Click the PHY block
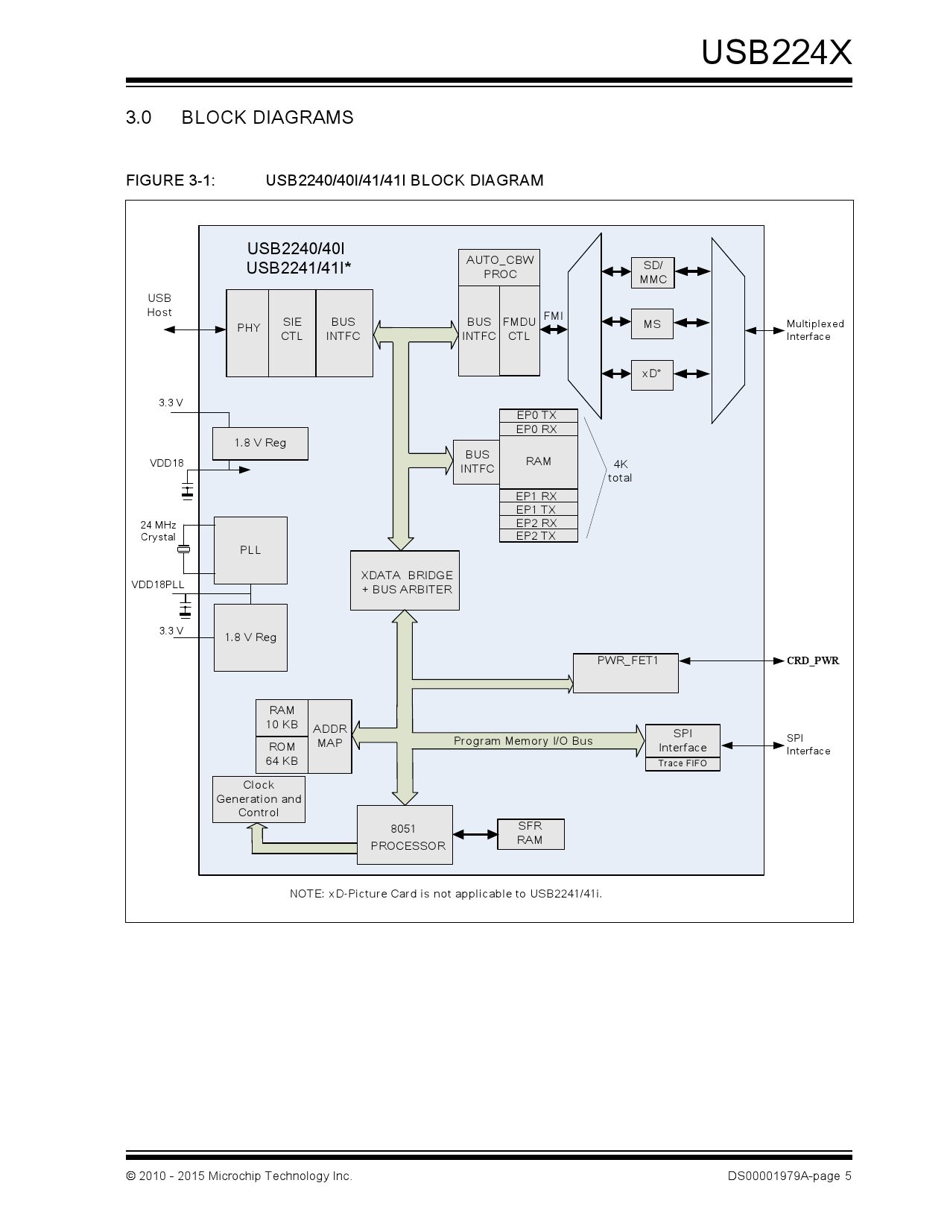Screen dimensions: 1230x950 (x=248, y=333)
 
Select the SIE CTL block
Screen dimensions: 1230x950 (x=292, y=333)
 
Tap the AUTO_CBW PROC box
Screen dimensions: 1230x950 (x=499, y=267)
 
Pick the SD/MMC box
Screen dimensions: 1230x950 (x=653, y=273)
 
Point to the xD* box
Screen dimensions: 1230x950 (x=652, y=374)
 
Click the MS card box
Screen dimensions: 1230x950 (x=652, y=324)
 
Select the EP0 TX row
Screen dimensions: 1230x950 (x=537, y=415)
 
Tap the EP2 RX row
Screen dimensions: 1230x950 (x=537, y=523)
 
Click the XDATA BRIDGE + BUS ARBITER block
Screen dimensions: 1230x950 (x=405, y=581)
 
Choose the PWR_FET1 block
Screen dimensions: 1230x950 (x=626, y=672)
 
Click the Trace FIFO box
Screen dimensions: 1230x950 (x=683, y=763)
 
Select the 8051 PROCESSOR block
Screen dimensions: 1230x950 (x=405, y=835)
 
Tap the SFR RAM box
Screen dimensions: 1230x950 (x=530, y=833)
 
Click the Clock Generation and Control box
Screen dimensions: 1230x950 (x=259, y=799)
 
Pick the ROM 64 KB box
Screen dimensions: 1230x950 (x=282, y=754)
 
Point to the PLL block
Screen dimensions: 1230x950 (x=250, y=550)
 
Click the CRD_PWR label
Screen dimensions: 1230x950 (x=813, y=660)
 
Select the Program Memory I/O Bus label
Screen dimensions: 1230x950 (x=523, y=741)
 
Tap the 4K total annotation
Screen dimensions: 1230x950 (x=620, y=471)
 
